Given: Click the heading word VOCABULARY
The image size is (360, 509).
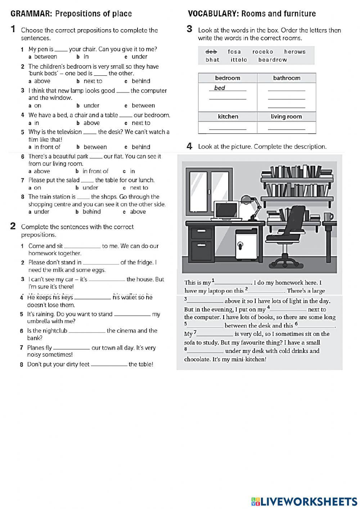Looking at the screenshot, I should (213, 14).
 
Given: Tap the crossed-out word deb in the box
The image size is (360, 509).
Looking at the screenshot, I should (211, 52).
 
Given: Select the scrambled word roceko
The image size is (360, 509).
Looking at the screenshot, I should (263, 52).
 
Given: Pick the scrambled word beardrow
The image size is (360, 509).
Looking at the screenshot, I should (273, 60).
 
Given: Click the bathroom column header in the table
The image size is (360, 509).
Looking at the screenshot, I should (287, 78).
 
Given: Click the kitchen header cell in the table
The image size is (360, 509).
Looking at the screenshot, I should (228, 116).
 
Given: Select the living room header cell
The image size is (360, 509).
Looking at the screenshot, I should (286, 116).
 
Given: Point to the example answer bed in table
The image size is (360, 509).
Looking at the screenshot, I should (220, 88).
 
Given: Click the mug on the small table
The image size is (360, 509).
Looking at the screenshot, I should (328, 216).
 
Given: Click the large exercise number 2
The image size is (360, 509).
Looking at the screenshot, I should (13, 226).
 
